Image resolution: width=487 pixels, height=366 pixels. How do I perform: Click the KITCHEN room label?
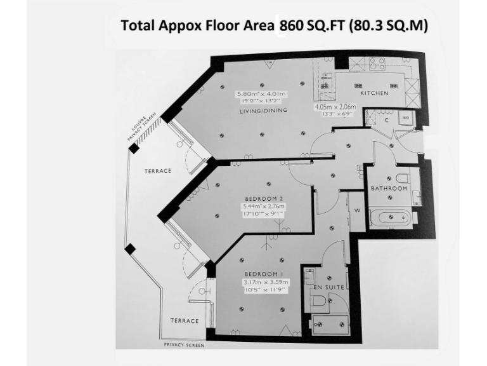(374, 93)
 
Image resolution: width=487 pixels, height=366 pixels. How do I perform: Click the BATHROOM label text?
(389, 189)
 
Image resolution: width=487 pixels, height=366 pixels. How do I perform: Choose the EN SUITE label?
(329, 287)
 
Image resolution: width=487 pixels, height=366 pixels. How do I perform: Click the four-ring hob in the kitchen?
(373, 64)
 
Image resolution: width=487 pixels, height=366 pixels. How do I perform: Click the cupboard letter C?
(386, 119)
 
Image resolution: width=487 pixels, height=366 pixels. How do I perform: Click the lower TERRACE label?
(183, 321)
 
